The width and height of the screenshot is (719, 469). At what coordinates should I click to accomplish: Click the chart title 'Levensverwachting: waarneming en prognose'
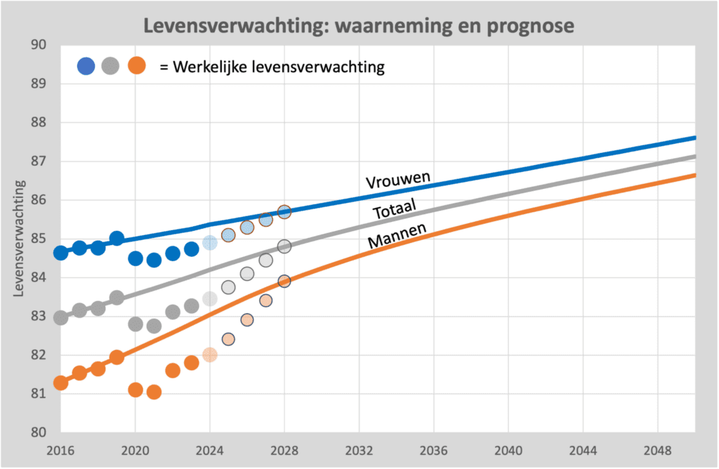[359, 26]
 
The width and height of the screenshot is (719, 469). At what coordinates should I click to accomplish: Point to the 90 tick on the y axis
[38, 46]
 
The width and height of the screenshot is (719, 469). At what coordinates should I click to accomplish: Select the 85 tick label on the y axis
[38, 239]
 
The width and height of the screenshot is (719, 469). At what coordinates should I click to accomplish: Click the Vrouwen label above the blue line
[397, 178]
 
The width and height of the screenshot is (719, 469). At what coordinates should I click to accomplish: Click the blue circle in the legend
[86, 66]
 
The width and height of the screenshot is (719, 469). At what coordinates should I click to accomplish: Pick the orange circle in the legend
[136, 66]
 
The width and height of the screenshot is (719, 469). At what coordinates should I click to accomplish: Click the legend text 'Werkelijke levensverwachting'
[272, 67]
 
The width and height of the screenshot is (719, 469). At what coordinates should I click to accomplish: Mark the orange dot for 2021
[154, 392]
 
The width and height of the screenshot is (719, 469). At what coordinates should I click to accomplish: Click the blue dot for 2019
[117, 238]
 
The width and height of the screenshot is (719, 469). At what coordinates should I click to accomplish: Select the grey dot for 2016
[60, 317]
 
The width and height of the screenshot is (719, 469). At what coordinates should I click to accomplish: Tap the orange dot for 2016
[60, 383]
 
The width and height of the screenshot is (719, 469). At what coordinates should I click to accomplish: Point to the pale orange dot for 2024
[210, 355]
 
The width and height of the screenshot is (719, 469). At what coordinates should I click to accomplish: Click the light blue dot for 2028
[284, 211]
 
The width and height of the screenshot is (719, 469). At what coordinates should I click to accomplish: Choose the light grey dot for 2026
[247, 273]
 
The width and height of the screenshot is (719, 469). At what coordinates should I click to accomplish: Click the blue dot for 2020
[136, 258]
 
